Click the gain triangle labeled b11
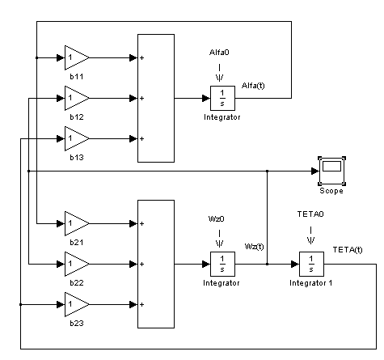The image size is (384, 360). (x=75, y=57)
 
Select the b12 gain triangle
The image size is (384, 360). (x=75, y=98)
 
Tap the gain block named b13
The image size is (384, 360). (x=75, y=138)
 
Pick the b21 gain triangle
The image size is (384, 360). (x=75, y=223)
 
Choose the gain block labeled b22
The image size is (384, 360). (x=75, y=264)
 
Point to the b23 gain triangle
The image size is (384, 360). (x=75, y=304)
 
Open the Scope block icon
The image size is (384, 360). (x=331, y=171)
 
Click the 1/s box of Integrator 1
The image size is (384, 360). (x=311, y=264)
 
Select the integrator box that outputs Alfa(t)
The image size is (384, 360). (x=222, y=98)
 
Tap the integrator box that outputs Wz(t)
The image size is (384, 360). (x=222, y=264)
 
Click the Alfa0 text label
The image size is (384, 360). (x=219, y=53)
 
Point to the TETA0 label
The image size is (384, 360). (x=310, y=214)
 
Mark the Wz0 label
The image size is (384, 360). (x=217, y=218)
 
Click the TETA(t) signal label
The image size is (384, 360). (x=348, y=250)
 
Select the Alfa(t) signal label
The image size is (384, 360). (x=253, y=86)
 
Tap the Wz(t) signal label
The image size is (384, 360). (x=254, y=247)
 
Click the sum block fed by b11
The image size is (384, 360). (x=156, y=98)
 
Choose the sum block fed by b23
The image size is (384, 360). (x=156, y=264)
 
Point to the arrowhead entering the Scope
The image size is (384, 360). (x=314, y=171)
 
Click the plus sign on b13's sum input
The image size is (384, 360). (x=141, y=138)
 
